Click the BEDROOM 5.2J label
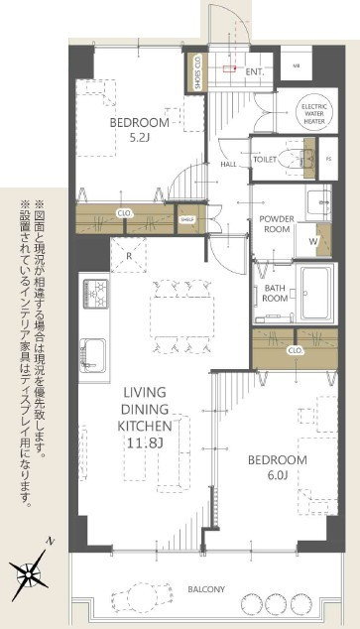click(x=139, y=130)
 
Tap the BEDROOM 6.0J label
click(x=280, y=467)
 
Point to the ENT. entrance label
click(x=253, y=70)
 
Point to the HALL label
click(x=227, y=164)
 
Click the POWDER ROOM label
click(x=279, y=224)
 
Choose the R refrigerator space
click(x=129, y=254)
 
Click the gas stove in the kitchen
click(x=96, y=294)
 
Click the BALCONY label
click(x=206, y=589)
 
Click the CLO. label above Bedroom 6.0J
click(x=295, y=350)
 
